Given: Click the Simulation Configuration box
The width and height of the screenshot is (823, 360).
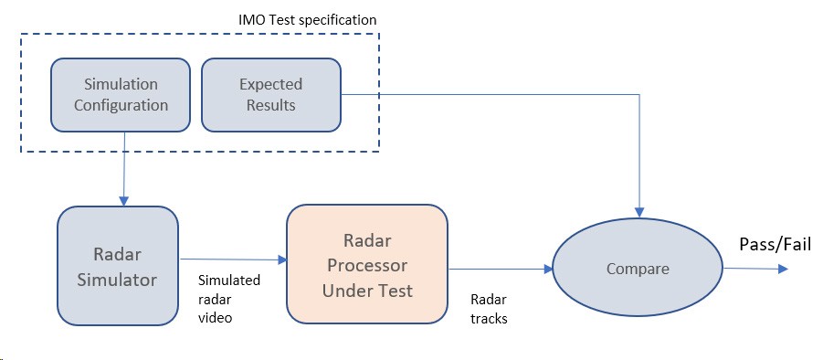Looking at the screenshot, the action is coord(121,94).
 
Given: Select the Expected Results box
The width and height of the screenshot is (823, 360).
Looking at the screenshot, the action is coord(271,94).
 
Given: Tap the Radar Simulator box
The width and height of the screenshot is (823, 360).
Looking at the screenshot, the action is coord(118,266).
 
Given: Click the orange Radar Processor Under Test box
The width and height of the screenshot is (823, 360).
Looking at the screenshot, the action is coord(367,264).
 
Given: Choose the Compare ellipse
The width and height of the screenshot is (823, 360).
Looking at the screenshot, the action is coord(638,268).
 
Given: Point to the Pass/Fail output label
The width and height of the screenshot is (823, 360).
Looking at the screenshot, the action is coord(776,245).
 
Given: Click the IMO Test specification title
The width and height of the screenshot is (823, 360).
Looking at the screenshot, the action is coord(307,20).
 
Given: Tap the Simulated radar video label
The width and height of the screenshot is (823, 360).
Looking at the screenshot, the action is coord(229,299).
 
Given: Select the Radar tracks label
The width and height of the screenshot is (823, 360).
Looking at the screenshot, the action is coord(489,309).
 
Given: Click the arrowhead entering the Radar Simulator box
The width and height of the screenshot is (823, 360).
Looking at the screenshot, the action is coord(124,201).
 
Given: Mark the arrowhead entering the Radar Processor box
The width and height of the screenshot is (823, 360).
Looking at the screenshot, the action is coord(282,259).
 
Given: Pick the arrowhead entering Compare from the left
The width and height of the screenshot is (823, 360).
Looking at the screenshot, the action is coord(548,270).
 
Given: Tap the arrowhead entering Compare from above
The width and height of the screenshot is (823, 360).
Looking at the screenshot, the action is coord(639,212).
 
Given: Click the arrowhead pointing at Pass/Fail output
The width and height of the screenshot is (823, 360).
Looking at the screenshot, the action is coord(783,269).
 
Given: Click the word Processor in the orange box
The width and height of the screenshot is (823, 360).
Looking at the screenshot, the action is coord(367,265).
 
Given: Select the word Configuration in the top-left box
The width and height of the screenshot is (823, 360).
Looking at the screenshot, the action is coord(121,105).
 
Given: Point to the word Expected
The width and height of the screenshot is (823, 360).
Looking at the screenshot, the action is coord(271,84).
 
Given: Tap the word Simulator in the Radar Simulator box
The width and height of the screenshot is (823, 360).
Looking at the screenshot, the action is coord(118,280).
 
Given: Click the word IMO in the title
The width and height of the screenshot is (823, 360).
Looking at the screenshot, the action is coord(248,20).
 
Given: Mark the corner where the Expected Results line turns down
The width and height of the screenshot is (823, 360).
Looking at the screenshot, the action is coord(639,95).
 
